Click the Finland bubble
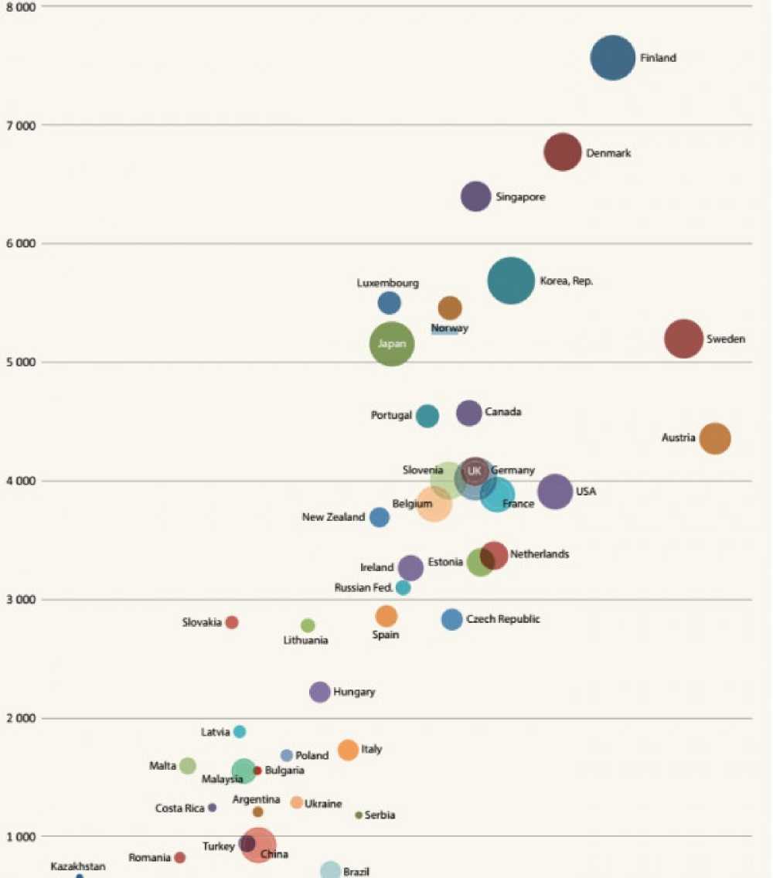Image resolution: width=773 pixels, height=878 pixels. coord(613,58)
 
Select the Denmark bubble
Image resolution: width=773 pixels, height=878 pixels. coord(563,151)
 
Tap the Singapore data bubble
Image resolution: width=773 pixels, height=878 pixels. coord(476,196)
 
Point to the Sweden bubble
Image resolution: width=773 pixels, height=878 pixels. coord(683,339)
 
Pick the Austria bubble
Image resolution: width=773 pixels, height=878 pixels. coord(715,438)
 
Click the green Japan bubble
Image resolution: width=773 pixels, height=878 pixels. coord(392,344)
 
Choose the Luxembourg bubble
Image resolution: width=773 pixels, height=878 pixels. coord(390,303)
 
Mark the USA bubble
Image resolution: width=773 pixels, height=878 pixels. coord(555,492)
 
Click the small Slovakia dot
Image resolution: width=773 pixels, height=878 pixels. coord(232,622)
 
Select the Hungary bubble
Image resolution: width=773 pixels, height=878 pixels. coord(320,692)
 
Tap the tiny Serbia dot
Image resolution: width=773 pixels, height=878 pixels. coord(359,815)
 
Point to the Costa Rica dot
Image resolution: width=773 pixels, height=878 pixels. coord(213,808)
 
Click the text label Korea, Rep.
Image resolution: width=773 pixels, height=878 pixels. coord(566,281)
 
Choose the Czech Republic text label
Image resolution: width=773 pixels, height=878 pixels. coord(503,619)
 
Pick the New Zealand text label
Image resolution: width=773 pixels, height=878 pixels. coord(333,517)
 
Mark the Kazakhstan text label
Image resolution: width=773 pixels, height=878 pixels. coord(78,866)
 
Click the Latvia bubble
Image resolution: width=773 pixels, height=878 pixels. coord(240,731)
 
